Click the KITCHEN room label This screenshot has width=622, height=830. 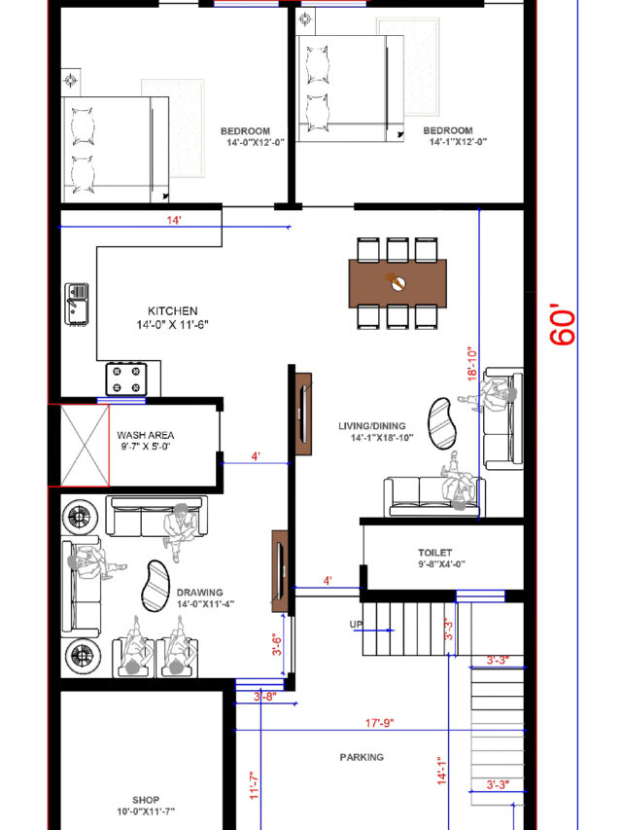coord(172,310)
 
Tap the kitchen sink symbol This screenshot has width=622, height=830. coord(77,304)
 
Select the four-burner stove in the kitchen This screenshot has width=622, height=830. coord(126,379)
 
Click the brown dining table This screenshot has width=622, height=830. coord(397,283)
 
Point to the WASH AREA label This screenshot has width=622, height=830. coord(146,435)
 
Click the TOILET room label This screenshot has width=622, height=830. coord(434,553)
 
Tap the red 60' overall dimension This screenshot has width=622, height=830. coord(563,324)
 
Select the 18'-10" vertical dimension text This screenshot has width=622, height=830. coord(472,363)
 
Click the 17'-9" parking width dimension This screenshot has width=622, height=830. coord(380,723)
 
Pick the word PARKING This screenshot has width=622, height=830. coord(362,757)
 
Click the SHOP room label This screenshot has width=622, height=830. coord(146,800)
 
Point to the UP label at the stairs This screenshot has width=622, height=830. coord(357,624)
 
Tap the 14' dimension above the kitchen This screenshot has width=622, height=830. coord(174,220)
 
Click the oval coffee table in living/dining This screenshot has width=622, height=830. coord(442,423)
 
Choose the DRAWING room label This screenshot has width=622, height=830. coord(199,593)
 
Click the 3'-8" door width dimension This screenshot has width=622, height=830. coord(265,697)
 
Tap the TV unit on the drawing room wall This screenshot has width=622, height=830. coord(280,571)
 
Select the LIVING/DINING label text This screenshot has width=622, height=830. coord(372,425)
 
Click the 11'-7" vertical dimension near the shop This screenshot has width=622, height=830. coord(255,785)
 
